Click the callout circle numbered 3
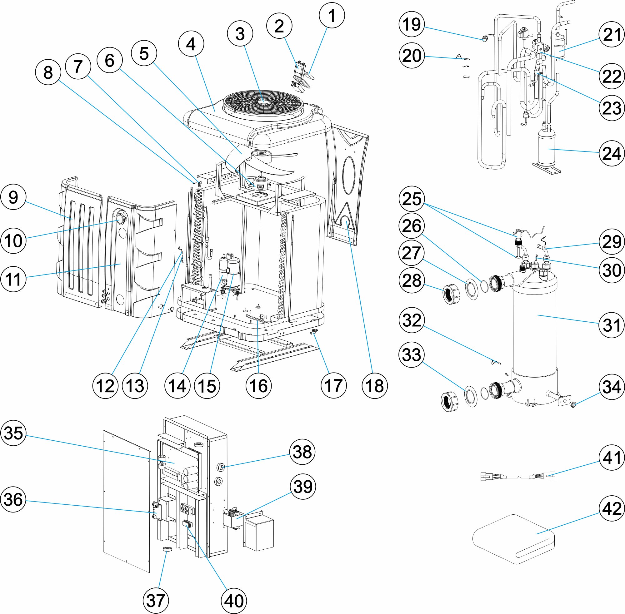240,33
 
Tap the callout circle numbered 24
612,154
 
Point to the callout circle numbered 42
612,508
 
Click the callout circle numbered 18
374,386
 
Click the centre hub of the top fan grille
263,101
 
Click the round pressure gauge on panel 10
120,219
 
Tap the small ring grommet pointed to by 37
167,549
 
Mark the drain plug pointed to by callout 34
573,405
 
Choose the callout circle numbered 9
13,197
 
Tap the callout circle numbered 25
411,199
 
